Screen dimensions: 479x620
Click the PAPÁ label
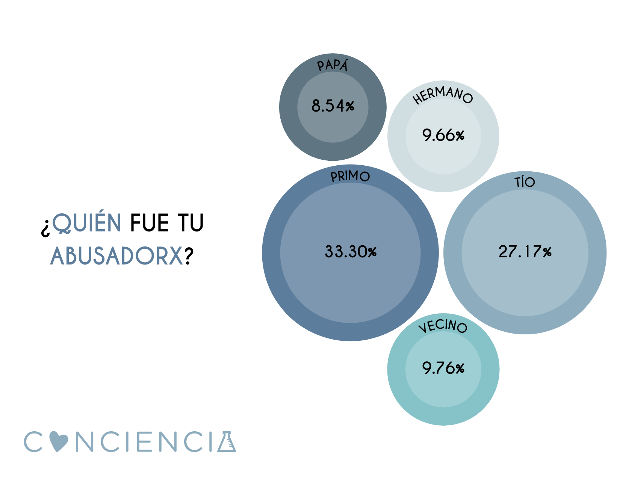click(333, 65)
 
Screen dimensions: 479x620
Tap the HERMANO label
click(443, 95)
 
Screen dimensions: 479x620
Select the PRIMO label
click(350, 176)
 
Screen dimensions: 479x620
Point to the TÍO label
click(525, 182)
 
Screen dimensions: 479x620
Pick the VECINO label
click(443, 326)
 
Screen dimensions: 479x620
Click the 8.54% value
click(333, 106)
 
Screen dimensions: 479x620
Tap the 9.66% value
click(443, 135)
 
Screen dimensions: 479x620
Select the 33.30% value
click(351, 252)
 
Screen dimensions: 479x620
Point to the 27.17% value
click(525, 252)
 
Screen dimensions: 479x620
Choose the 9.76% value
click(443, 368)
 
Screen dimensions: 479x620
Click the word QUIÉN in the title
click(87, 223)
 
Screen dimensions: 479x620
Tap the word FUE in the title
click(150, 223)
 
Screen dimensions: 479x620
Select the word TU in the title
click(191, 223)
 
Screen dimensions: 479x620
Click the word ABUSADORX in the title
click(117, 256)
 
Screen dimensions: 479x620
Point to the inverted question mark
click(45, 227)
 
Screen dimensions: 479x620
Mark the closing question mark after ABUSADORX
click(189, 256)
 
